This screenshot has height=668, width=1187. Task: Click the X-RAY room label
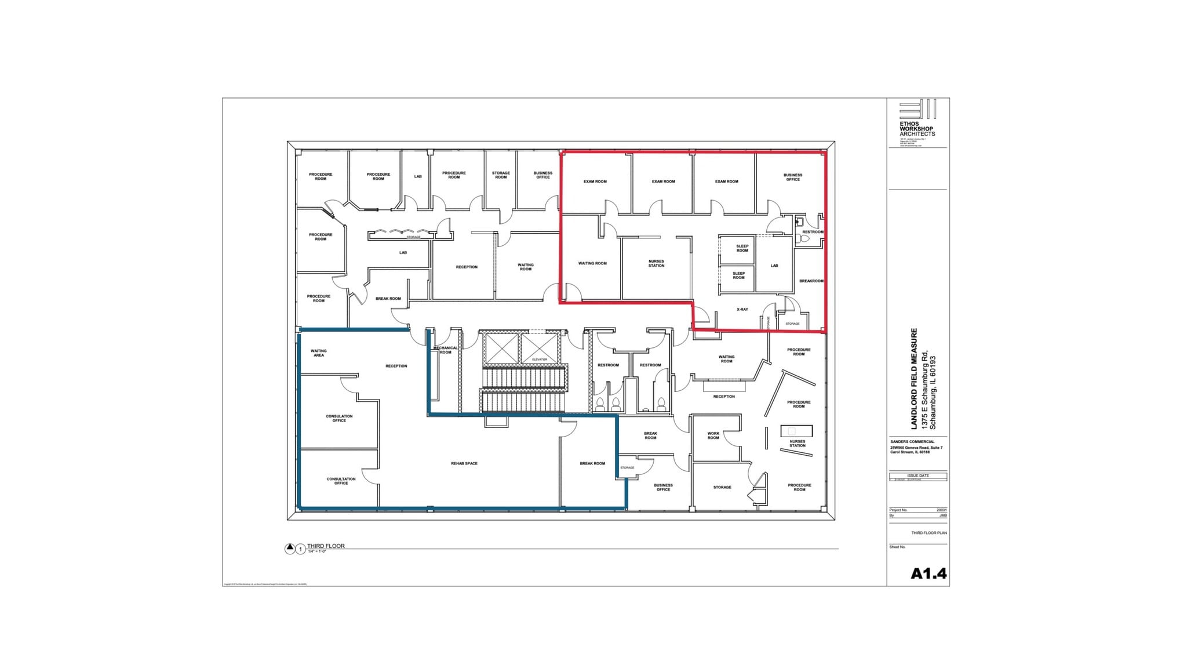742,310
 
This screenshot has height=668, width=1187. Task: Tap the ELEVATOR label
539,360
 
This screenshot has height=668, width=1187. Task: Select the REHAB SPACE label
464,463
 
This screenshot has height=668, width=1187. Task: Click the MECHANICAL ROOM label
445,350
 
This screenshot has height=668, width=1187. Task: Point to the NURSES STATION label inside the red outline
656,263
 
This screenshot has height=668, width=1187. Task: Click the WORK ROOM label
713,435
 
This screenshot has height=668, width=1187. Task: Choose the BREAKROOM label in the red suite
811,281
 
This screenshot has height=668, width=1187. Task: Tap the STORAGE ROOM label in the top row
501,175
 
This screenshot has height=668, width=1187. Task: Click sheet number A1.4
928,573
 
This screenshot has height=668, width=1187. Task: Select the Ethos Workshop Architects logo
917,119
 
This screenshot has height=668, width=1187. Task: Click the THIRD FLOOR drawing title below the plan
326,546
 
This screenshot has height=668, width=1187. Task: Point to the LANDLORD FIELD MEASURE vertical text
915,379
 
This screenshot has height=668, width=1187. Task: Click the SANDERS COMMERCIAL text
912,442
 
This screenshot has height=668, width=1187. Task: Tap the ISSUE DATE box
917,475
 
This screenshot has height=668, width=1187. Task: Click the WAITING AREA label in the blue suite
318,353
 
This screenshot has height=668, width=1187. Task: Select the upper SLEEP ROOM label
742,248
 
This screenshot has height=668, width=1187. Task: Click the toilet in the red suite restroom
804,238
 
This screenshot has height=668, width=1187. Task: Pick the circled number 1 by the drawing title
300,549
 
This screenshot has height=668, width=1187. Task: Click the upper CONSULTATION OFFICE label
339,418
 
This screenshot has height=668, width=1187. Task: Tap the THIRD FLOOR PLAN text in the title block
929,533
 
